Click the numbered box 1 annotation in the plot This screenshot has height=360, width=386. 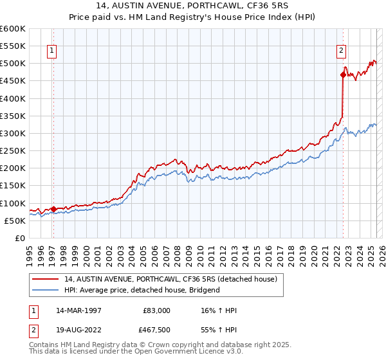[51, 51]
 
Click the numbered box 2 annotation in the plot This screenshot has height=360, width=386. [341, 51]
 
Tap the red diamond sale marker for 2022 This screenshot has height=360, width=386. [343, 75]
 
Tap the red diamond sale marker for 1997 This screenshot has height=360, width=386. [53, 209]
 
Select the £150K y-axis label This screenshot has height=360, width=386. [13, 186]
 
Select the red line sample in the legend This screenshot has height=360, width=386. [46, 279]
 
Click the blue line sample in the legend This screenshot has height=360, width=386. [46, 290]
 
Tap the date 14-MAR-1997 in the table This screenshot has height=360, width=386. [78, 310]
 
